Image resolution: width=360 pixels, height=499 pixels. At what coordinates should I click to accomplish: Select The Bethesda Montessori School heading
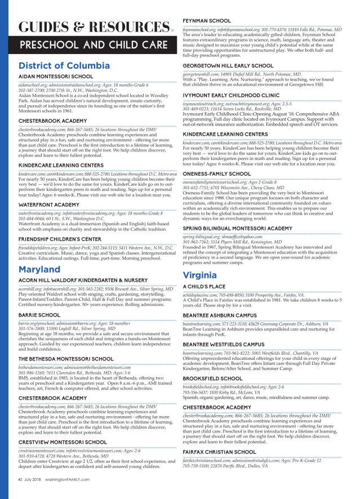pos(67,358)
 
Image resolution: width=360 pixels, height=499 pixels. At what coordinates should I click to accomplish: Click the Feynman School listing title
pos(209,20)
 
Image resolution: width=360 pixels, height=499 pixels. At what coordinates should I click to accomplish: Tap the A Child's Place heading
pos(205,287)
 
